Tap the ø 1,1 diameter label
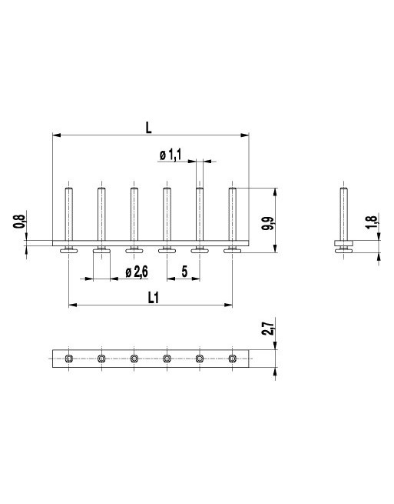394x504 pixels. click(170, 155)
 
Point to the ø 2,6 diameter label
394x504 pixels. click(136, 272)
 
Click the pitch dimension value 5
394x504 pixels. click(184, 272)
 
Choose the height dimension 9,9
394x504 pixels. click(267, 224)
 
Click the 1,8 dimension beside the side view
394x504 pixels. click(371, 222)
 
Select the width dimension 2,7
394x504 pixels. click(267, 330)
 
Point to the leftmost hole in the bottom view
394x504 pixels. click(68, 359)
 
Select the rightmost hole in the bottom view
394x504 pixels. click(232, 359)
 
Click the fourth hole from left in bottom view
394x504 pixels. click(167, 359)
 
